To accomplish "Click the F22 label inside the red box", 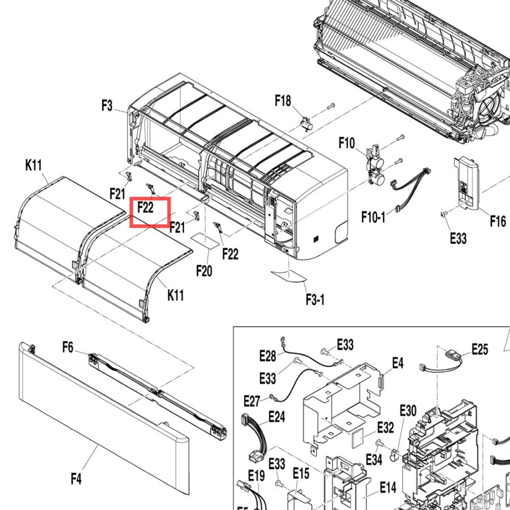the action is (146, 207).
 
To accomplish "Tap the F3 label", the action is (107, 106).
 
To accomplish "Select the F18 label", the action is (283, 100).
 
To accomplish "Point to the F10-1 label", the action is (373, 216).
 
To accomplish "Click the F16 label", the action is (498, 221).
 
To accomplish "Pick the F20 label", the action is (204, 271).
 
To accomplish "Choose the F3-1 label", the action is (315, 299).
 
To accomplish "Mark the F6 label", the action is (68, 347).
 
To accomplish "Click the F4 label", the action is (76, 479).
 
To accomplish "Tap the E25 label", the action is (480, 349).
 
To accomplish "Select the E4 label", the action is (398, 363).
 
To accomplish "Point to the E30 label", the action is (408, 410).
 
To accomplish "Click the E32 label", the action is (386, 427).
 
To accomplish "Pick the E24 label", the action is (277, 416).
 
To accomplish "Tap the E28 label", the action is (267, 356).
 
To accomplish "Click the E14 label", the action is (388, 487).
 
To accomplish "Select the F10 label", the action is (347, 143).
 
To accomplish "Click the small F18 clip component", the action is (307, 124).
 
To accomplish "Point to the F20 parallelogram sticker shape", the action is (205, 241).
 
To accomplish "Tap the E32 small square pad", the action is (359, 437).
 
